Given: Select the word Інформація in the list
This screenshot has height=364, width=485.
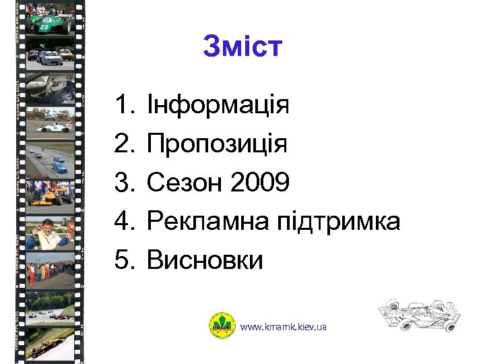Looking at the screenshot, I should coord(218,106).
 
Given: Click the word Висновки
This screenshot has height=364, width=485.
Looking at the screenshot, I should coord(205,260).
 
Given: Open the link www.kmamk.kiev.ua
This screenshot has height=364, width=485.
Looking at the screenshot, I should coord(284,327).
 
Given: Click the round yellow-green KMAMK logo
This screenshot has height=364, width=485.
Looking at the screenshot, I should coord(222,326).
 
